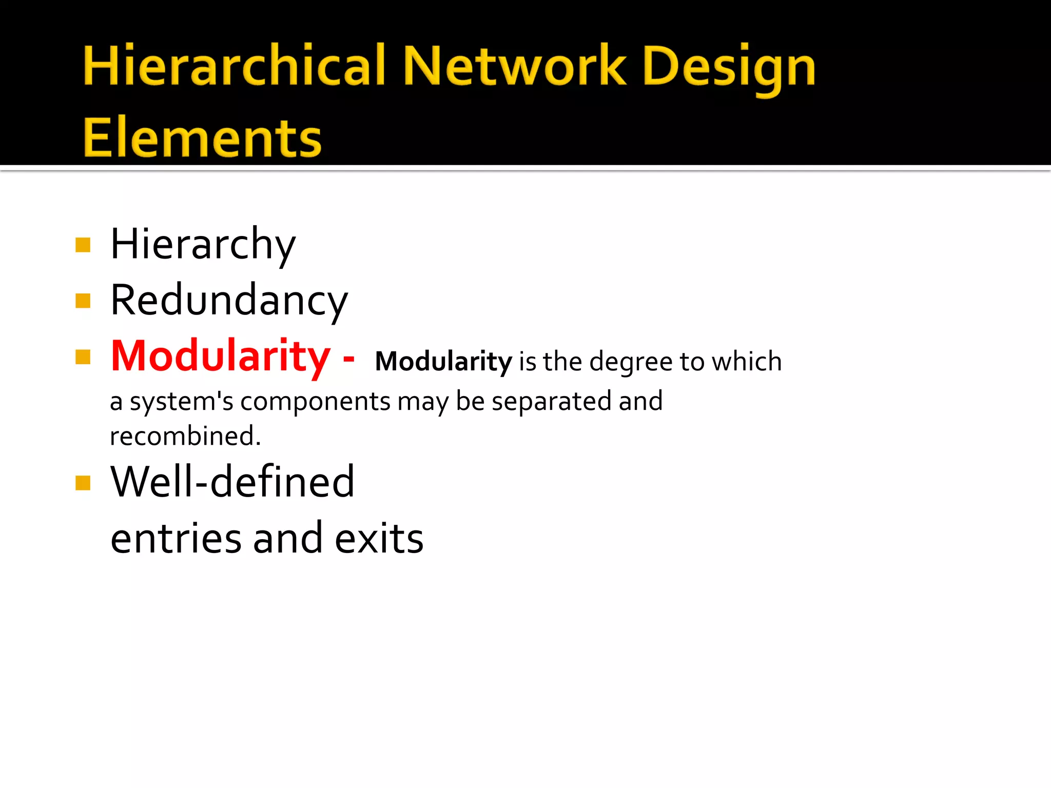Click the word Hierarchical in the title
pyautogui.click(x=234, y=65)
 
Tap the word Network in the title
pyautogui.click(x=514, y=65)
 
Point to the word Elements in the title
pyautogui.click(x=202, y=137)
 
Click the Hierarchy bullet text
pyautogui.click(x=203, y=244)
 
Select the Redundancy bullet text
pyautogui.click(x=229, y=301)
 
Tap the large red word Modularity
pyautogui.click(x=221, y=356)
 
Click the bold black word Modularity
pyautogui.click(x=443, y=362)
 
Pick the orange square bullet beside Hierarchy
pyautogui.click(x=83, y=245)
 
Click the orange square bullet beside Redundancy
pyautogui.click(x=83, y=301)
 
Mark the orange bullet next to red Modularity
pyautogui.click(x=83, y=357)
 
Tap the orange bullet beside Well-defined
pyautogui.click(x=83, y=483)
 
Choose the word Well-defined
pyautogui.click(x=232, y=482)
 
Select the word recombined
pyautogui.click(x=185, y=436)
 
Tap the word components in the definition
pyautogui.click(x=315, y=402)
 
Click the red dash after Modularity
pyautogui.click(x=349, y=358)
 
